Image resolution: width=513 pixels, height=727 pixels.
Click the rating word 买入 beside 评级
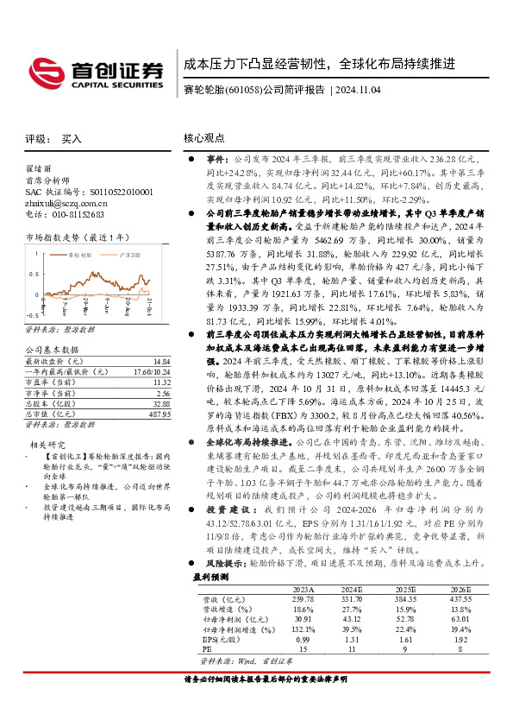(72, 138)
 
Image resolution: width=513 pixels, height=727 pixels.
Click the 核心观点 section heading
(204, 138)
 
